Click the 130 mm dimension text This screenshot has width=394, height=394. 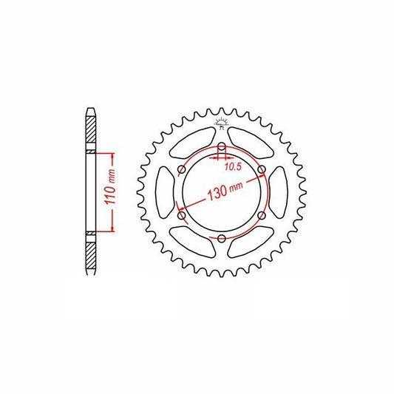click(225, 191)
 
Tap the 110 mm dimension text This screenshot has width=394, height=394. click(110, 187)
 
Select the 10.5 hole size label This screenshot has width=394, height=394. click(233, 166)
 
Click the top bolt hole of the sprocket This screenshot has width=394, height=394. click(222, 146)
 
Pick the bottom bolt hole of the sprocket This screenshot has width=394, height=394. click(222, 239)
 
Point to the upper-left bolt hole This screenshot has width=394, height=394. click(182, 169)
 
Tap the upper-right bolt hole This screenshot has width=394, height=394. click(262, 169)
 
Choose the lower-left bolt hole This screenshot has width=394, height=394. click(182, 215)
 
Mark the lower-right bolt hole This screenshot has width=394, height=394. click(262, 215)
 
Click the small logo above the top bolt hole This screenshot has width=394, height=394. click(221, 123)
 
